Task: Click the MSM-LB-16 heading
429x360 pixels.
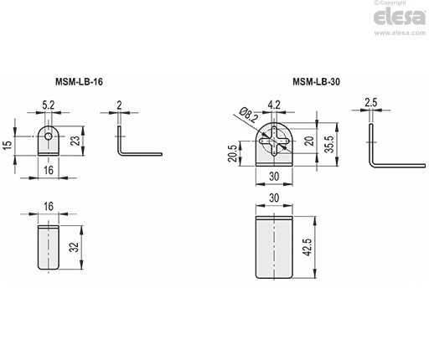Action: click(79, 82)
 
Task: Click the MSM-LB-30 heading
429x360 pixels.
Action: click(316, 82)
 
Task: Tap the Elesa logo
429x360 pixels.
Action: click(400, 18)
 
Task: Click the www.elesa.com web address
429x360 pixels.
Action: click(400, 33)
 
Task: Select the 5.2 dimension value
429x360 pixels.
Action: click(49, 105)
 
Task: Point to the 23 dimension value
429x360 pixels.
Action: click(75, 141)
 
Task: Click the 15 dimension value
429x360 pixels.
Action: click(8, 145)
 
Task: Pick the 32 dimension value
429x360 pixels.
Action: click(74, 247)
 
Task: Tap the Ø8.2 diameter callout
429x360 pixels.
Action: click(248, 115)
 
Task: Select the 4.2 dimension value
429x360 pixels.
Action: click(274, 105)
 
